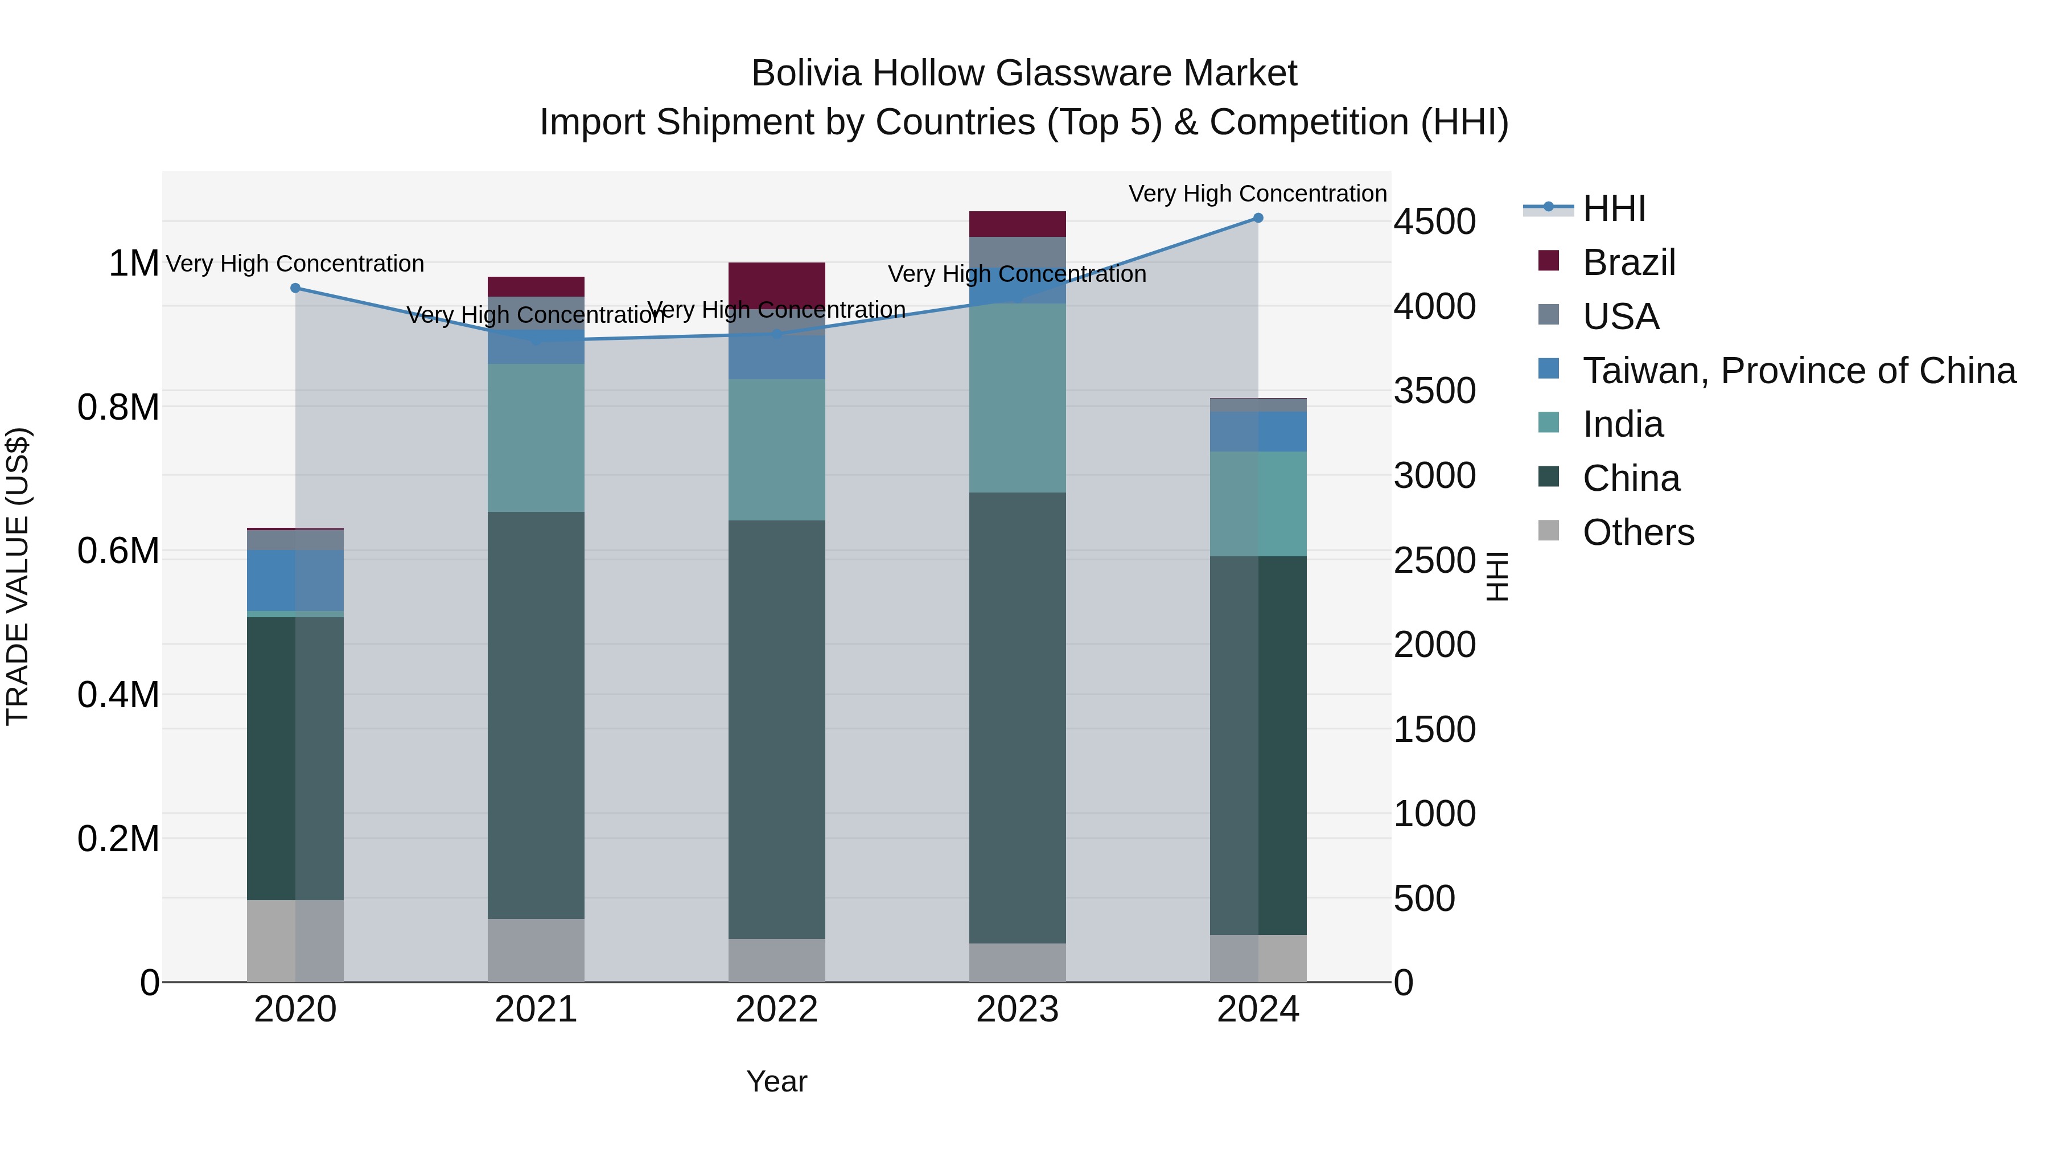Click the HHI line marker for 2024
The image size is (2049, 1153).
pos(1257,218)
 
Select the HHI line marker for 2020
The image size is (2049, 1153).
pos(295,288)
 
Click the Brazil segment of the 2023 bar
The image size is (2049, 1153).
pos(1017,224)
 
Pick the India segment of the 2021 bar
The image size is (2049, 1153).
pos(536,438)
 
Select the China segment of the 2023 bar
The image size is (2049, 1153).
pos(1017,716)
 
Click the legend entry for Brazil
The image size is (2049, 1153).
pos(1628,262)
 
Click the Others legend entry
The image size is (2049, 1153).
pos(1637,532)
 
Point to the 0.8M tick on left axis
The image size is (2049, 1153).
pos(118,408)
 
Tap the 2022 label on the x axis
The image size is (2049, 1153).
pos(776,1010)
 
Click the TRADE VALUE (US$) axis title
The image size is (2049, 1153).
pos(18,576)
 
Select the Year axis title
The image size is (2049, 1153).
pos(776,1081)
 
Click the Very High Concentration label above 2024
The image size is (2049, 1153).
pos(1257,194)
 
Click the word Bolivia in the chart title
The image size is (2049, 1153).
pos(806,73)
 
